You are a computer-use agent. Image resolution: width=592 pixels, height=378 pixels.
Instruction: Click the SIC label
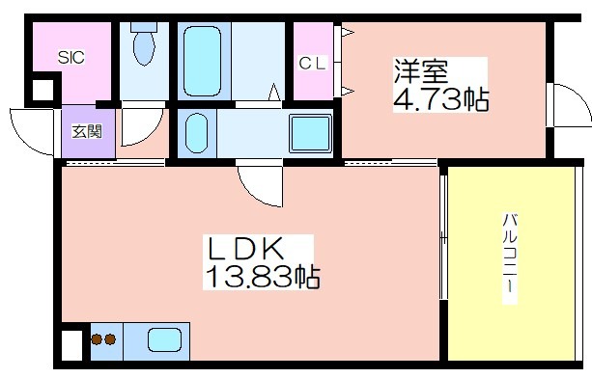click(x=70, y=57)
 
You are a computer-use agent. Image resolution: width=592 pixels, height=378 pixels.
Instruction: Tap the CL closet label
click(x=312, y=63)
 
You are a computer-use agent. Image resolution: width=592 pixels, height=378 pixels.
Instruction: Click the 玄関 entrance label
click(x=87, y=131)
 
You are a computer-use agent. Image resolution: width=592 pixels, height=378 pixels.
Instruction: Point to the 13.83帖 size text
click(x=263, y=277)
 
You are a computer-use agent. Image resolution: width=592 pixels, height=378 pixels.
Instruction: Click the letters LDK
click(x=244, y=249)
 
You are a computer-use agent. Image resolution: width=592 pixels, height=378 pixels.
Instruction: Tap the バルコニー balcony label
click(x=509, y=258)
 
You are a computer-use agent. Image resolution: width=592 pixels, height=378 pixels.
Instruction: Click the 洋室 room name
click(x=421, y=70)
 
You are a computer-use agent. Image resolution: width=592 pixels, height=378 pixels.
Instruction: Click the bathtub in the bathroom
click(x=203, y=61)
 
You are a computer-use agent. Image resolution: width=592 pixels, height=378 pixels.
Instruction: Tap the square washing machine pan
click(x=310, y=134)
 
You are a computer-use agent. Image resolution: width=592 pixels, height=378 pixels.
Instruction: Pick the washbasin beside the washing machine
click(x=197, y=133)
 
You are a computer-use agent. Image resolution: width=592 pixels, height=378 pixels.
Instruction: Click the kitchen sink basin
click(x=164, y=340)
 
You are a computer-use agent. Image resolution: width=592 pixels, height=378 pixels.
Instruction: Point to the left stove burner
click(x=97, y=339)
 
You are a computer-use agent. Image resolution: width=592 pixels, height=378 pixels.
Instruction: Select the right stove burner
click(x=110, y=339)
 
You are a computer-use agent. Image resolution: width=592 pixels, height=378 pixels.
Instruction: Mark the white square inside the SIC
click(x=42, y=91)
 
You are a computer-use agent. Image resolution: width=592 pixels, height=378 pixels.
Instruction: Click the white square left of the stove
click(x=71, y=345)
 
